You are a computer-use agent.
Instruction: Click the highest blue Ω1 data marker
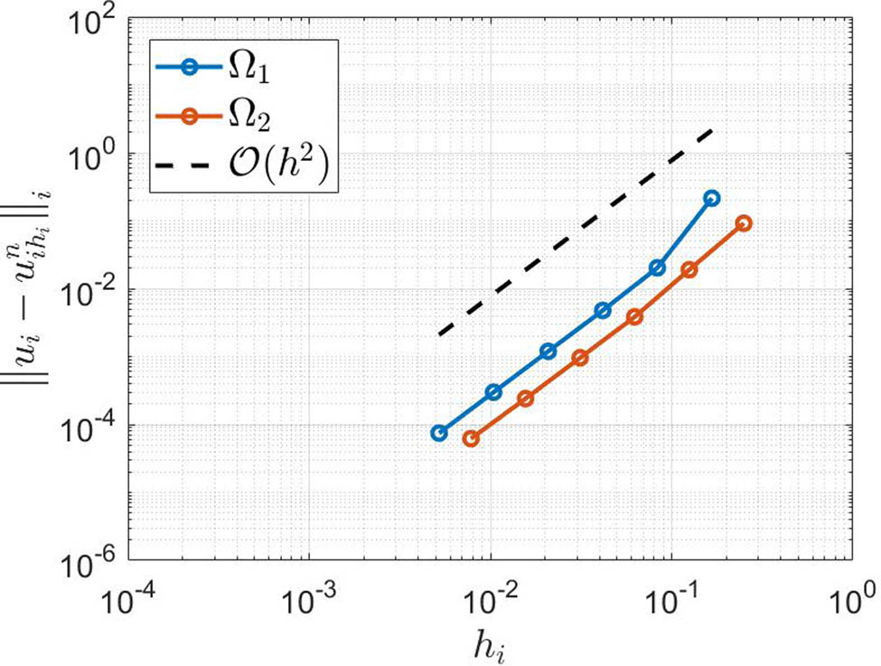coord(711,198)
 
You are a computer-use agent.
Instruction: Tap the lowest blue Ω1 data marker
coord(439,433)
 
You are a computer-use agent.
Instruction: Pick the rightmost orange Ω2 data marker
coord(744,223)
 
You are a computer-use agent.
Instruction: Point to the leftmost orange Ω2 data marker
coord(471,438)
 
